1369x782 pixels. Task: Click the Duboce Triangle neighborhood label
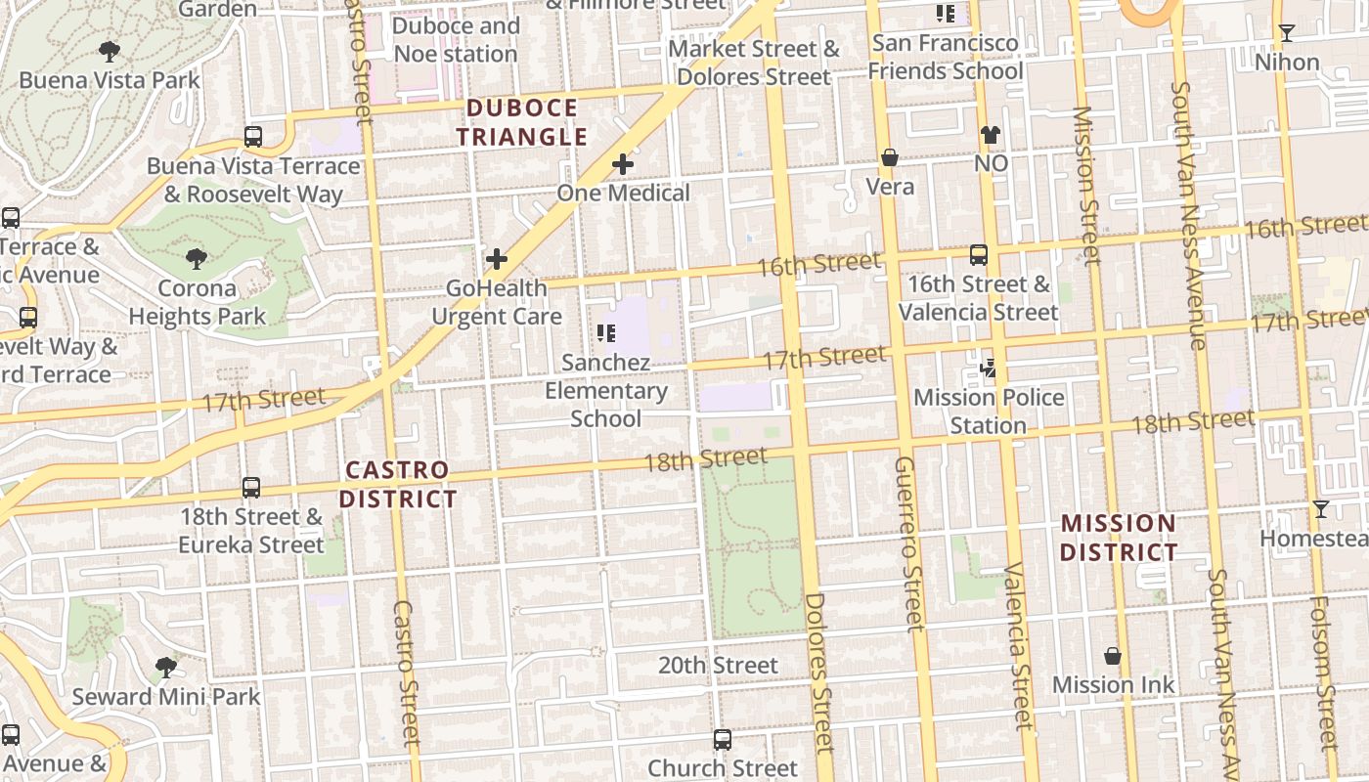521,122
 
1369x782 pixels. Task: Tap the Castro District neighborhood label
398,485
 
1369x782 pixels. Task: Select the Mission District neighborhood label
1119,538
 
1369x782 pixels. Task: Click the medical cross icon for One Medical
623,164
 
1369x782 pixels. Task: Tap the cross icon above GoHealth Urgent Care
497,259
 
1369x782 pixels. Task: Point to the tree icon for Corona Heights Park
197,259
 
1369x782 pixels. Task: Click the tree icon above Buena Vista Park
110,51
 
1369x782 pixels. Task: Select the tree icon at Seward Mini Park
166,668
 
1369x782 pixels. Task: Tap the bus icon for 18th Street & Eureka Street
251,488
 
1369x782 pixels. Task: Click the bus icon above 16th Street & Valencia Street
978,255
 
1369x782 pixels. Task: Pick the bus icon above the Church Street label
723,740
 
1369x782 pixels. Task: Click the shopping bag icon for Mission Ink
1113,656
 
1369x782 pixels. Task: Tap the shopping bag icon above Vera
890,157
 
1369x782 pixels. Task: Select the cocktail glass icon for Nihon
1287,33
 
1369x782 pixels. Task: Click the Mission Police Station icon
989,369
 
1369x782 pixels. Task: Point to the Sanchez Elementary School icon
606,333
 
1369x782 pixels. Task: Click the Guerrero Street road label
907,543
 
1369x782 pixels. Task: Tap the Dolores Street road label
819,673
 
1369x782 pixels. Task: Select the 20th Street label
718,666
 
